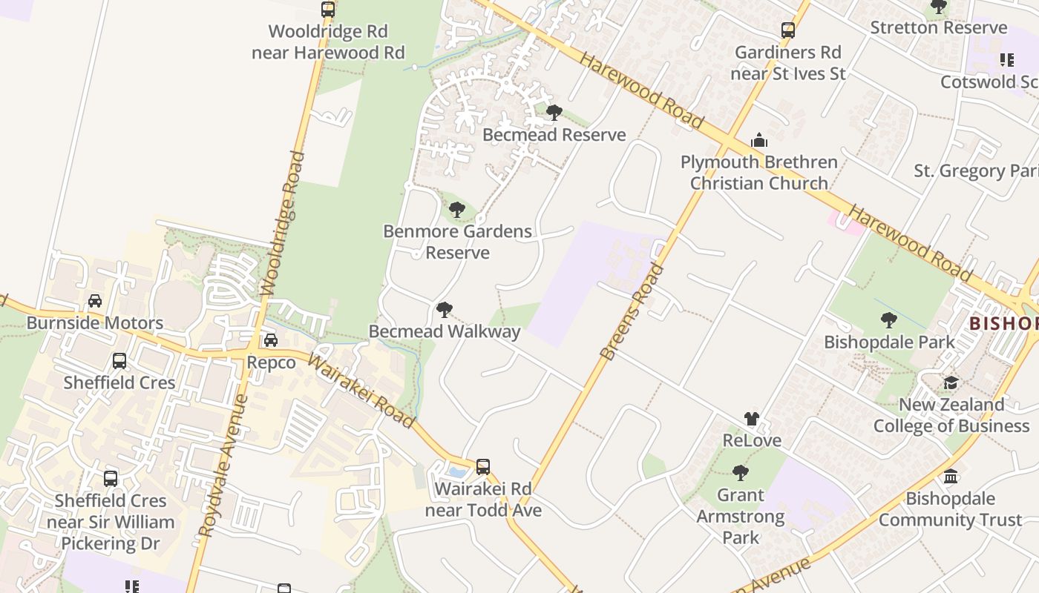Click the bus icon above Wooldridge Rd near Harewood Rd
(x=328, y=10)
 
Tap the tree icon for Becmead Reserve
(x=554, y=113)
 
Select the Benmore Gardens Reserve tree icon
(x=457, y=210)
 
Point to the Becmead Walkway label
(x=445, y=331)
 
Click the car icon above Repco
(x=271, y=340)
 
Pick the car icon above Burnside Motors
(x=95, y=301)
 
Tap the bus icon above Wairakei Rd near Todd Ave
(x=483, y=467)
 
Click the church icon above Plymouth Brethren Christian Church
(x=758, y=140)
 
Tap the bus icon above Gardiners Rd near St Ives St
(x=788, y=30)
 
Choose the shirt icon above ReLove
(x=752, y=419)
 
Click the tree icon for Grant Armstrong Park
(x=740, y=472)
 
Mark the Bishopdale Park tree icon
(x=888, y=320)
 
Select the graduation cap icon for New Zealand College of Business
(x=951, y=382)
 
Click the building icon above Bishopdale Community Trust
(x=951, y=476)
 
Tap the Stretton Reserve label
(x=939, y=28)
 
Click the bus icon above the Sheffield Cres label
(x=119, y=361)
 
